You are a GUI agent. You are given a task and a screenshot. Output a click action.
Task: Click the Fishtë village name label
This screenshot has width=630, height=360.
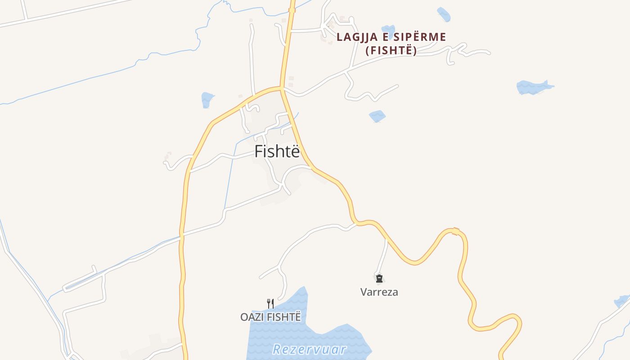[x=277, y=152]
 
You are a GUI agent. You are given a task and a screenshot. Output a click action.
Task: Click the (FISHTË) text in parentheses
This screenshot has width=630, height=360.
[x=391, y=50]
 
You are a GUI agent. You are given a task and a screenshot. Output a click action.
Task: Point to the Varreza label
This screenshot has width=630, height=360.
[x=379, y=292]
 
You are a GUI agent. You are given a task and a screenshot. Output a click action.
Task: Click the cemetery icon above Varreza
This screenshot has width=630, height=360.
[x=379, y=279]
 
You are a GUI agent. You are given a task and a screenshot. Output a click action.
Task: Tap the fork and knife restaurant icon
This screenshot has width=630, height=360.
[x=270, y=303]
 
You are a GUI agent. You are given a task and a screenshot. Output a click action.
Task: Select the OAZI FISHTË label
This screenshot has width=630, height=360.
[x=270, y=317]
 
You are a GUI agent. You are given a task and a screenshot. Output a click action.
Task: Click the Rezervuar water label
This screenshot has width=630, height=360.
[x=310, y=349]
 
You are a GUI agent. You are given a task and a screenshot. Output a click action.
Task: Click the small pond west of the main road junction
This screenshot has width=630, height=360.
[x=207, y=99]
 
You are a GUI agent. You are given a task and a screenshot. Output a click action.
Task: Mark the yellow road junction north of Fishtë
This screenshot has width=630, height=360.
[x=282, y=88]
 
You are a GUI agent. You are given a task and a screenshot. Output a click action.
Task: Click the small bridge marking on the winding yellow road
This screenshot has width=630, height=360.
[x=455, y=231]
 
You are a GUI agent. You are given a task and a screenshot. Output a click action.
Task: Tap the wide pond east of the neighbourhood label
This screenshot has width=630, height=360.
[x=534, y=87]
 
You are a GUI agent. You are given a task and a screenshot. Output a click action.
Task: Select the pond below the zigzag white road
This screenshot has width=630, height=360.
[x=377, y=116]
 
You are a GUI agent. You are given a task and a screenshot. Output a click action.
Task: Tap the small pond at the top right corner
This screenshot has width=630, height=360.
[x=444, y=14]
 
